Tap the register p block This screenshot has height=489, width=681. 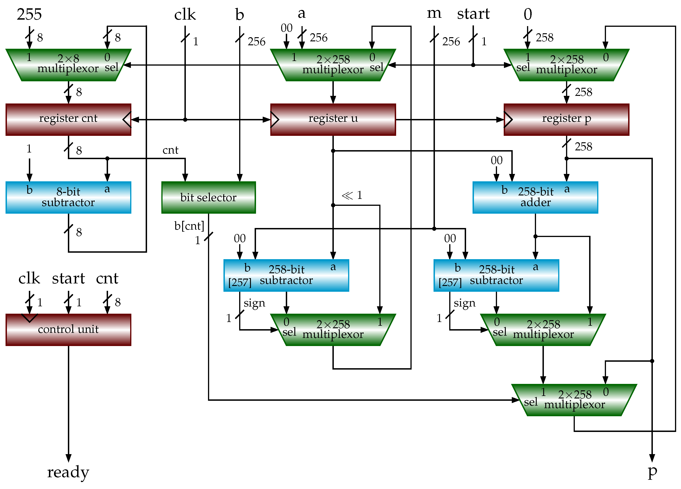click(566, 120)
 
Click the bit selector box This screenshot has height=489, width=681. click(208, 197)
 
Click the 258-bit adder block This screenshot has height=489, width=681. click(535, 197)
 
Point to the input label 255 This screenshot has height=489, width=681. click(29, 14)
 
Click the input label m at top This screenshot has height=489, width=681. click(434, 14)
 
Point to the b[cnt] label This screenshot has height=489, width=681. click(189, 226)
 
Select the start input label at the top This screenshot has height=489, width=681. click(473, 14)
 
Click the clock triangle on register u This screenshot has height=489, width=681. click(274, 120)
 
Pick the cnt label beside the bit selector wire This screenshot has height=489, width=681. click(170, 150)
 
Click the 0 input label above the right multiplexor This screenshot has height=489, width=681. click(527, 14)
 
